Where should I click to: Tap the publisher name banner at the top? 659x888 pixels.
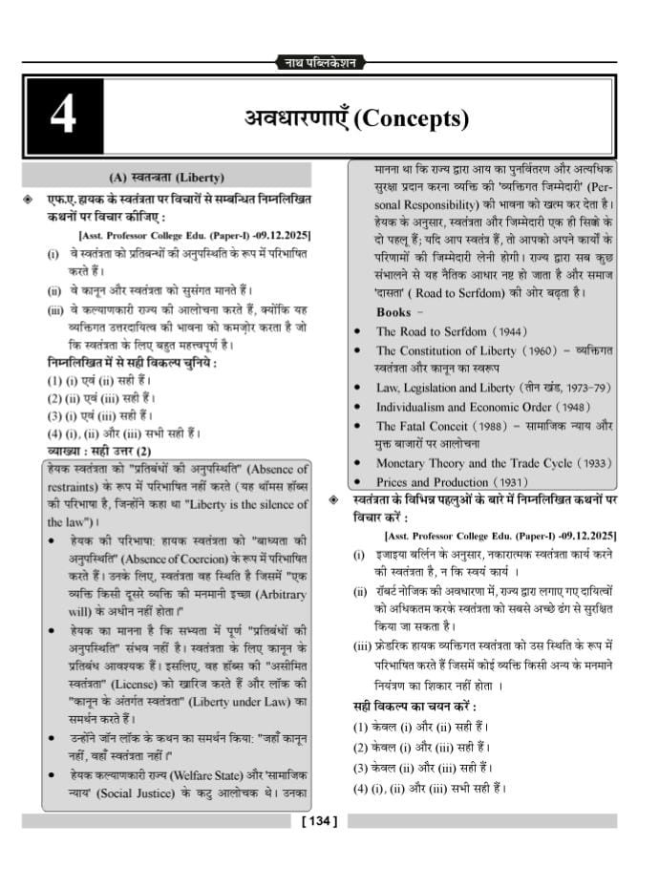click(320, 63)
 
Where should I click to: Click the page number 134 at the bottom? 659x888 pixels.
click(320, 820)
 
